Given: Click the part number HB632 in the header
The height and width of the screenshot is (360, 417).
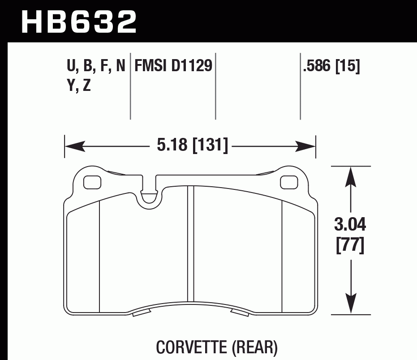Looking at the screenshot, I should (x=78, y=21).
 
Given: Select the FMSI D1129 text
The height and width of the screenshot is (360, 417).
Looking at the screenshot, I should (x=173, y=66).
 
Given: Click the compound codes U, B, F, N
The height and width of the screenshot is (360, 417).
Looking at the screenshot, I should (x=96, y=66).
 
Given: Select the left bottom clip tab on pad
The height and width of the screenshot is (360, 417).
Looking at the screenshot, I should (x=142, y=312).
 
